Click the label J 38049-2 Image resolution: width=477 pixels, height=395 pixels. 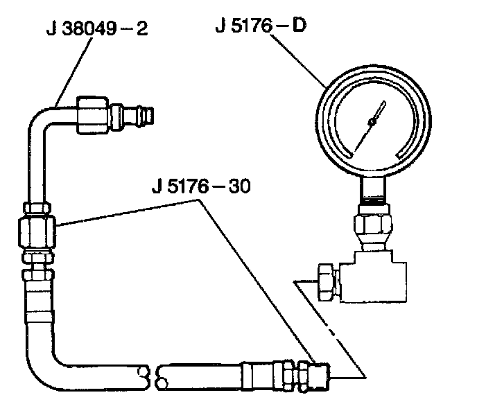click(x=97, y=29)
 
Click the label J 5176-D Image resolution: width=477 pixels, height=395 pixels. click(x=261, y=25)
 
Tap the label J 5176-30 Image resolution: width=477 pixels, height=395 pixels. click(x=201, y=186)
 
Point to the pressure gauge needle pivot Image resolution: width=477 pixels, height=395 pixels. click(x=372, y=122)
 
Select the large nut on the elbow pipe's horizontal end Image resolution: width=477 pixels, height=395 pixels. click(x=92, y=115)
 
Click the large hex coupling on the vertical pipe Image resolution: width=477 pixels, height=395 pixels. click(x=37, y=231)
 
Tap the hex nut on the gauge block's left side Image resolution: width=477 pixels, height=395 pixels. click(x=327, y=282)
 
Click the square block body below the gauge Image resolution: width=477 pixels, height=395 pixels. click(x=373, y=276)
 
